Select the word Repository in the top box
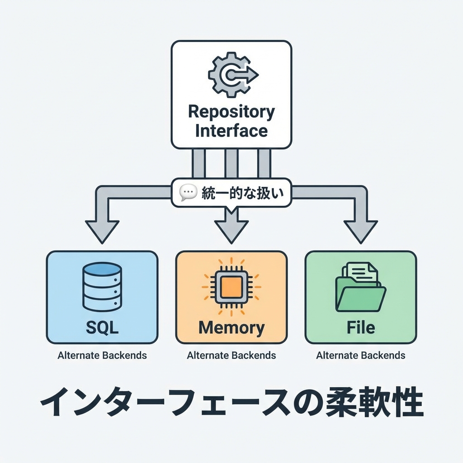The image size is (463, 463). [x=231, y=111]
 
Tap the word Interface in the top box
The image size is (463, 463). [x=231, y=131]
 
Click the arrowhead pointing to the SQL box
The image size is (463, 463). [x=102, y=231]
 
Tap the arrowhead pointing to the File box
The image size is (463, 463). [x=360, y=231]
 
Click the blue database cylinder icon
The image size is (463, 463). [x=102, y=288]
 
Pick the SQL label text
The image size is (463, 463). [x=102, y=327]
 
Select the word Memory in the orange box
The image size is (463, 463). [x=231, y=327]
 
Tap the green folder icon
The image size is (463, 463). [x=360, y=288]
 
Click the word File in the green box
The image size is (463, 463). [x=360, y=327]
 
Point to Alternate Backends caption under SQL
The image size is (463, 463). [x=102, y=355]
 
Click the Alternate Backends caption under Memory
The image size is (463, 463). [x=231, y=355]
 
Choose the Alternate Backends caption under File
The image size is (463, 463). [x=360, y=355]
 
